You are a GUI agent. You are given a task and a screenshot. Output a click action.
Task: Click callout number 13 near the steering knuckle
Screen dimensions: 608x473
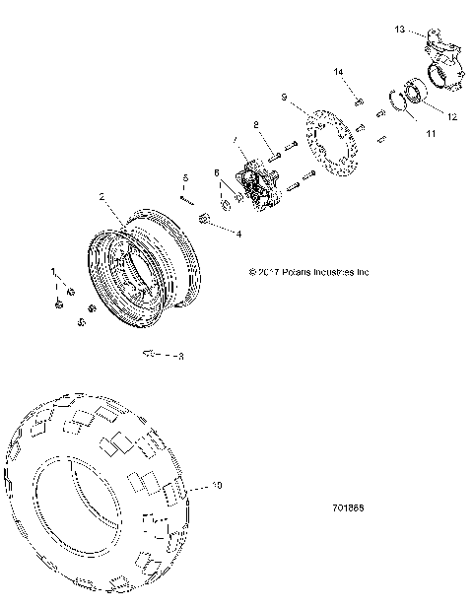pos(398,30)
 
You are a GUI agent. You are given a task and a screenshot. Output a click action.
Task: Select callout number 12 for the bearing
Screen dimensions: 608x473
pos(451,116)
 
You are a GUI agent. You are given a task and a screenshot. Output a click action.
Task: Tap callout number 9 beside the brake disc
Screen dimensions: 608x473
pos(284,98)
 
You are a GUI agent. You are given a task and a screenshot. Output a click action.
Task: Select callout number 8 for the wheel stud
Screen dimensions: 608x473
pos(255,124)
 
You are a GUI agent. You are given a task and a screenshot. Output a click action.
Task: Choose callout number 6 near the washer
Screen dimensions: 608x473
pos(218,173)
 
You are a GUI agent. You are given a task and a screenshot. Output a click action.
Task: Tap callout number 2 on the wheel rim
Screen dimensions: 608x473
pos(101,197)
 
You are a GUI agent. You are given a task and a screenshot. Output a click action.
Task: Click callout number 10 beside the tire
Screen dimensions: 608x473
pos(218,486)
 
